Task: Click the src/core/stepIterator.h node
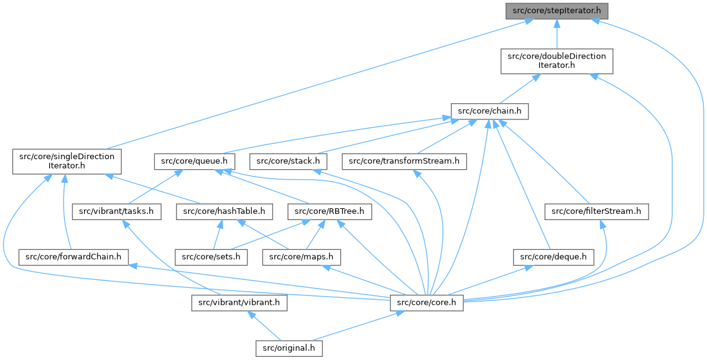(557, 11)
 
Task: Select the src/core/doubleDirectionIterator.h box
(557, 61)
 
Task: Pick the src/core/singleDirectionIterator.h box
(66, 162)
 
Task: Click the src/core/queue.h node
(195, 162)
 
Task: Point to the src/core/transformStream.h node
(404, 162)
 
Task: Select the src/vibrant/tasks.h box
(116, 212)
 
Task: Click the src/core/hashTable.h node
(224, 212)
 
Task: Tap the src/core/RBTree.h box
(330, 212)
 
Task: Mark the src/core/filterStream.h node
(596, 212)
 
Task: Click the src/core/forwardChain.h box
(73, 256)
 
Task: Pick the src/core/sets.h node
(211, 256)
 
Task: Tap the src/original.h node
(289, 348)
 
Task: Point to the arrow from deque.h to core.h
(491, 280)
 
